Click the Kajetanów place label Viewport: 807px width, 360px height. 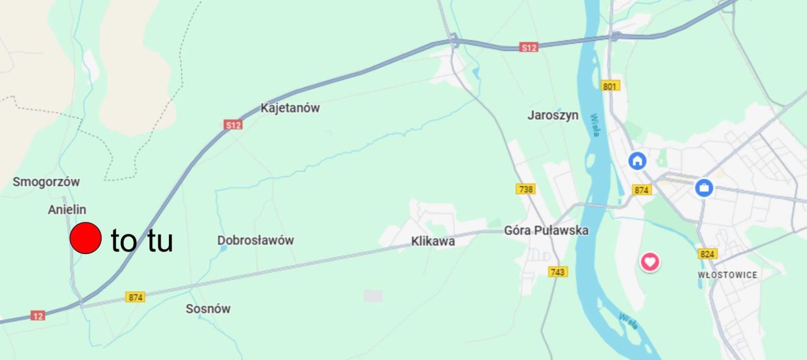[x=290, y=108]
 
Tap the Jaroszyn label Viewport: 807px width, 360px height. [x=552, y=115]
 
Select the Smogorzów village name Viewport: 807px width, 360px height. [x=47, y=182]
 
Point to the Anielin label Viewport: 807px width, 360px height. [x=67, y=209]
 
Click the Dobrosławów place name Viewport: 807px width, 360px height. [x=255, y=240]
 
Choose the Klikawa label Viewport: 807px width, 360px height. [x=433, y=241]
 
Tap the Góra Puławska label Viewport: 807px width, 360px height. [x=546, y=231]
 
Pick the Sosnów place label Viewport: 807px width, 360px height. [x=208, y=309]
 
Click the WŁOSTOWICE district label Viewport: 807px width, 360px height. [x=728, y=275]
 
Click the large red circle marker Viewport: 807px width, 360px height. [x=85, y=238]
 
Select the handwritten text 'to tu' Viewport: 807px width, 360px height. [x=142, y=241]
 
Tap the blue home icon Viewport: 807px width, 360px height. [x=637, y=160]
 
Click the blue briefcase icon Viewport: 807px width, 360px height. [x=704, y=187]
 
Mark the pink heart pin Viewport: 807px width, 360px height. [x=650, y=261]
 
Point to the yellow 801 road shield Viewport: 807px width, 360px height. [x=610, y=86]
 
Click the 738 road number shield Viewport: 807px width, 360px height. [x=525, y=189]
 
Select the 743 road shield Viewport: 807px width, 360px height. [x=558, y=272]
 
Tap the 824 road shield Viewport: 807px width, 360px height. [x=707, y=254]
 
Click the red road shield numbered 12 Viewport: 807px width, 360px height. [x=38, y=315]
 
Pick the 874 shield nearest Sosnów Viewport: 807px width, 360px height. [x=135, y=297]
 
